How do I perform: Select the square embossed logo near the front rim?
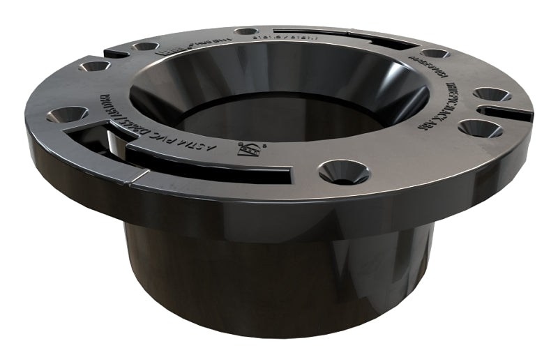[247, 148]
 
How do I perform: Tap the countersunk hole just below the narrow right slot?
[479, 128]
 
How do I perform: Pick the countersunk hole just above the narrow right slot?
[492, 94]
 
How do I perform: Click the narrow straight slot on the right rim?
[506, 111]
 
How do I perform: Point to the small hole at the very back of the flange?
[246, 31]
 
